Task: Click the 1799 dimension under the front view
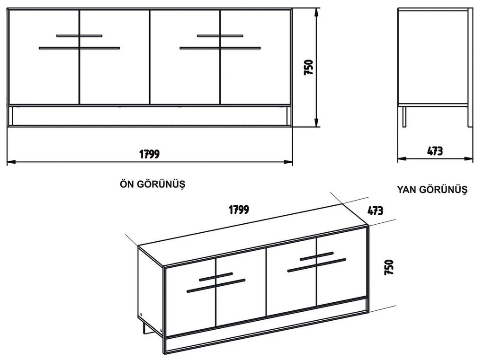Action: pyautogui.click(x=149, y=154)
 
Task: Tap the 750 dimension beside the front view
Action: pyautogui.click(x=308, y=67)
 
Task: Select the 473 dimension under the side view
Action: pyautogui.click(x=435, y=151)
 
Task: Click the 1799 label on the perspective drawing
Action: pyautogui.click(x=239, y=210)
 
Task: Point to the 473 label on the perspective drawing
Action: pyautogui.click(x=375, y=211)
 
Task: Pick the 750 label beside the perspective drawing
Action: pyautogui.click(x=389, y=267)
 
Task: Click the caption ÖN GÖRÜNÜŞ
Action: pyautogui.click(x=152, y=184)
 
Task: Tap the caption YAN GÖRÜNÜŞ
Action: pyautogui.click(x=432, y=189)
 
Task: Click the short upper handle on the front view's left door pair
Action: pyautogui.click(x=79, y=36)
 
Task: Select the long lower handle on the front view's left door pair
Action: pyautogui.click(x=79, y=48)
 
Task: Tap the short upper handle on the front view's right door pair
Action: pyautogui.click(x=220, y=36)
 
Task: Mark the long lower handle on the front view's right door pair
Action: pyautogui.click(x=220, y=48)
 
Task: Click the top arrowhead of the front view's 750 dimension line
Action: pyautogui.click(x=316, y=12)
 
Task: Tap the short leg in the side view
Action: pyautogui.click(x=404, y=117)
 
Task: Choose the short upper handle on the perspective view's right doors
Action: pyautogui.click(x=317, y=256)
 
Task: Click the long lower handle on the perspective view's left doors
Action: pyautogui.click(x=216, y=286)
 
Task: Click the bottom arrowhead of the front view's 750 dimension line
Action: pyautogui.click(x=316, y=123)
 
